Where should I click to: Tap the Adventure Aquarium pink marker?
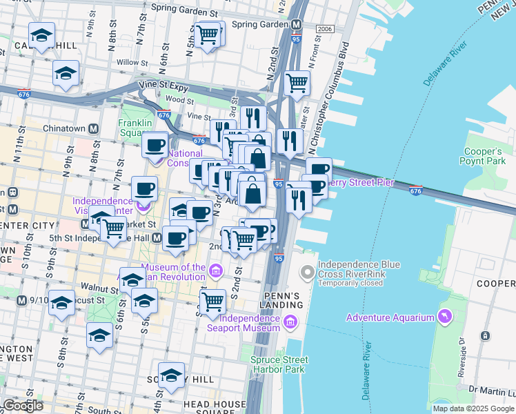(445, 317)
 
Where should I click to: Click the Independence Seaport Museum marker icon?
(289, 321)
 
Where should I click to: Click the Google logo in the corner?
(23, 406)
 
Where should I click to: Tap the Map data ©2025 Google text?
(473, 408)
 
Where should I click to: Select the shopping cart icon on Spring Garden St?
(208, 34)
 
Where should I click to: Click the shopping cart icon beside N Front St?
(296, 83)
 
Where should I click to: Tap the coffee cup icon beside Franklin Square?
(155, 145)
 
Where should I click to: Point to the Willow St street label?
(128, 62)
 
